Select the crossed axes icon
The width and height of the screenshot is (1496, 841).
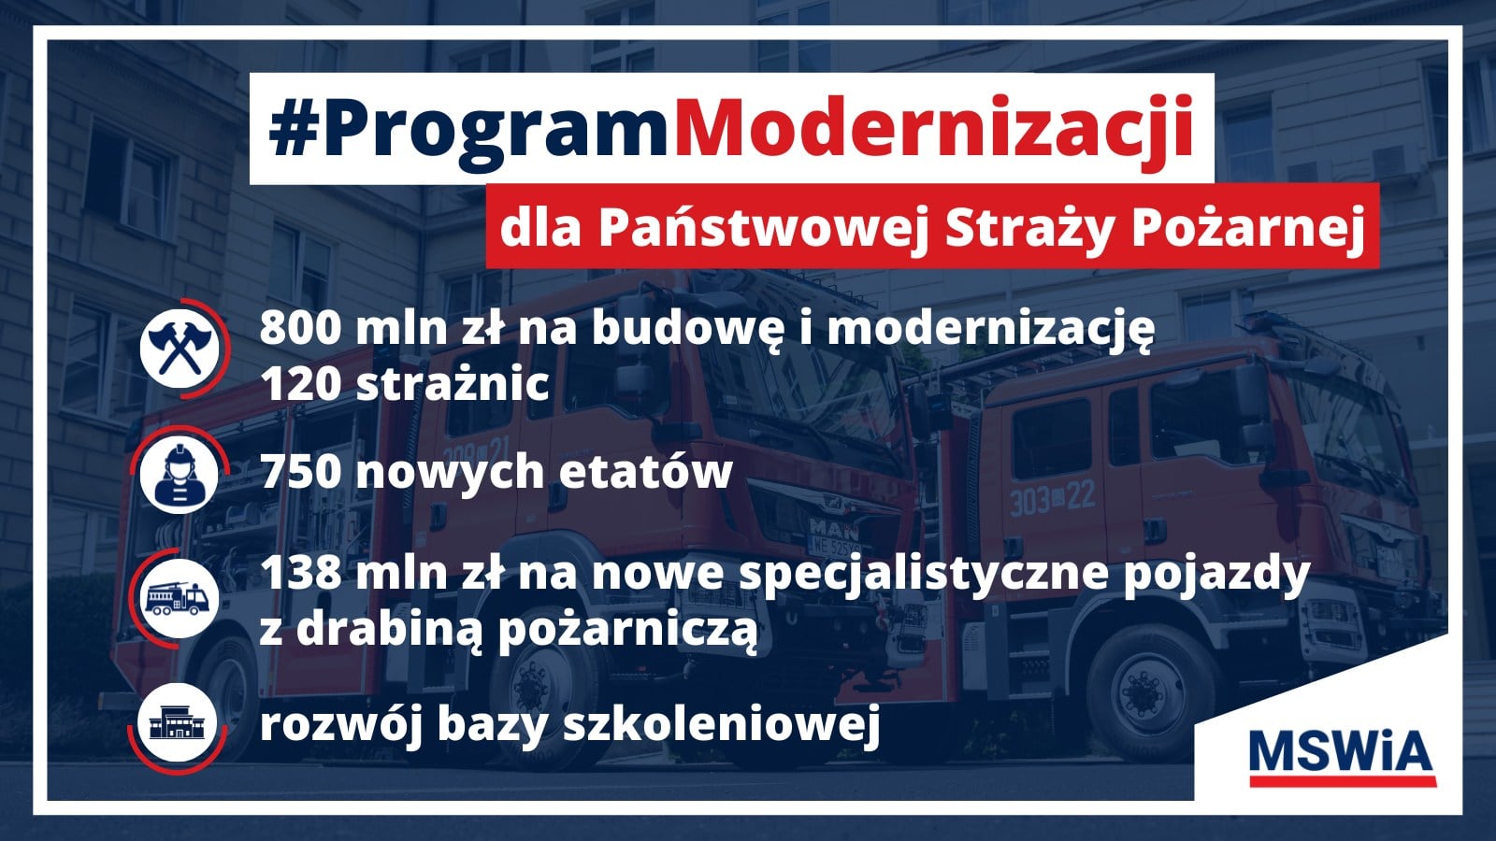(180, 348)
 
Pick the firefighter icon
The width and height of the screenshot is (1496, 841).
(179, 475)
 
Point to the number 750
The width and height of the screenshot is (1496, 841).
(301, 471)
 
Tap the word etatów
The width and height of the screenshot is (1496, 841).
(645, 471)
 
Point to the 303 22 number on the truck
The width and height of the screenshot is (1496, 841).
(1053, 498)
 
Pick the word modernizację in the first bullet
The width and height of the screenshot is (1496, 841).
(990, 330)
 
